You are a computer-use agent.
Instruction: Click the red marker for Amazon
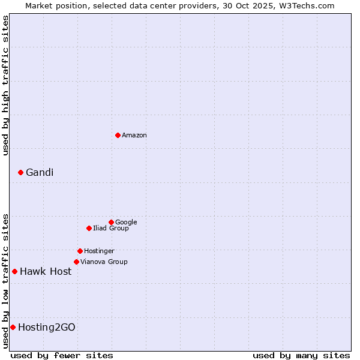[x=118, y=135]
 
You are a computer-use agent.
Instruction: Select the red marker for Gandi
[x=20, y=172]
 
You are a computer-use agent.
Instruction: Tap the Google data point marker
[x=111, y=222]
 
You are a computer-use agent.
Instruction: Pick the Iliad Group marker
[x=89, y=228]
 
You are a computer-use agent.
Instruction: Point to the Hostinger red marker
[x=80, y=251]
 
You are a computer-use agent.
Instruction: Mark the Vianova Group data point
[x=76, y=262]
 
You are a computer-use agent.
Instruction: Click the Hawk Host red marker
[x=14, y=271]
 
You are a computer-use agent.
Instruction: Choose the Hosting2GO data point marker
[x=13, y=327]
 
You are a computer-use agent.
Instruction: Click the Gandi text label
[x=40, y=173]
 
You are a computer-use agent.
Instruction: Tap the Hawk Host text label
[x=46, y=272]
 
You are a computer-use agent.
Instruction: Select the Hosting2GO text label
[x=47, y=328]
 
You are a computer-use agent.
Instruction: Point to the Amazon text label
[x=134, y=136]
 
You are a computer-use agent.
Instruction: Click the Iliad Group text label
[x=111, y=229]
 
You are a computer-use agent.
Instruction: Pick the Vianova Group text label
[x=104, y=262]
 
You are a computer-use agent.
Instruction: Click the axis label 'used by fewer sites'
[x=62, y=355]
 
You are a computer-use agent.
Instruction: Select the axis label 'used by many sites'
[x=301, y=355]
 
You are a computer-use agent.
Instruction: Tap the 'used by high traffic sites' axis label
[x=5, y=85]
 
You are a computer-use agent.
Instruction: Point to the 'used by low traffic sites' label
[x=5, y=280]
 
